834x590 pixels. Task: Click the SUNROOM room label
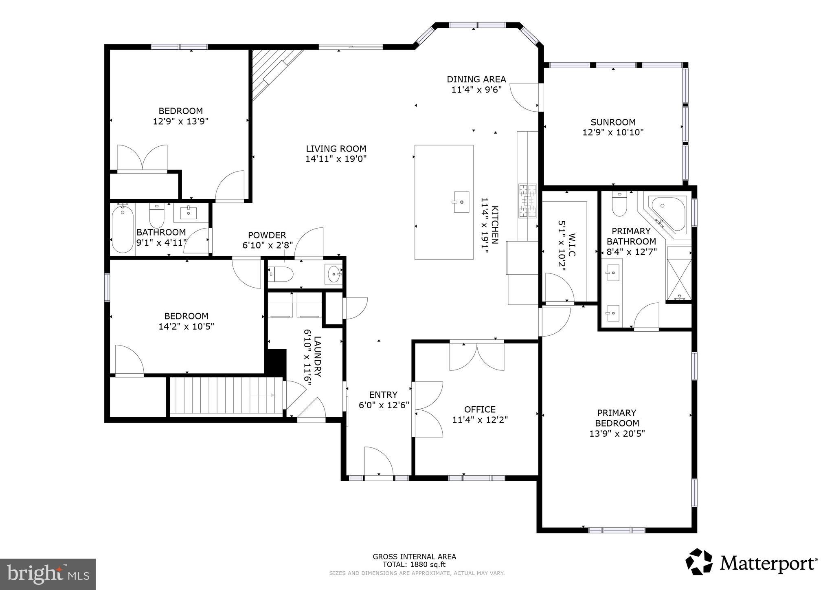click(x=613, y=122)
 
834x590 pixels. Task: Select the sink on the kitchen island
click(x=461, y=202)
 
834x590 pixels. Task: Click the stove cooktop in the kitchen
click(x=528, y=201)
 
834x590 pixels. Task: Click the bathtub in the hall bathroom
click(x=123, y=229)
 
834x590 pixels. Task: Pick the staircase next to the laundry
click(x=226, y=395)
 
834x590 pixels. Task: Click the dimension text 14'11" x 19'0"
click(x=336, y=159)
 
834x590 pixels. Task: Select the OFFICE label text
click(x=480, y=409)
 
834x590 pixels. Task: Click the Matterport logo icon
click(x=699, y=562)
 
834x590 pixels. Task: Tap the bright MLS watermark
click(x=48, y=574)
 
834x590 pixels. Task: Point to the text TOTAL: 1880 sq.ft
click(x=414, y=565)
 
